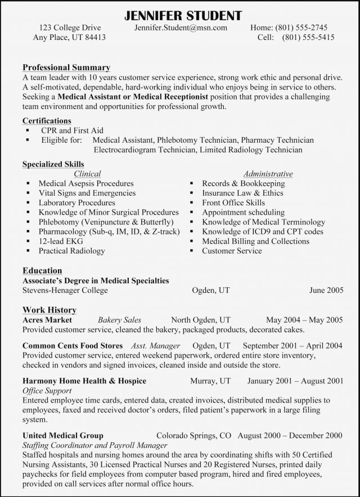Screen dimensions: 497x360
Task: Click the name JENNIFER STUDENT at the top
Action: [x=180, y=13]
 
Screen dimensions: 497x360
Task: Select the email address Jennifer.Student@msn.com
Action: [x=181, y=27]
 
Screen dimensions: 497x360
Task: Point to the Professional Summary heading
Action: [x=66, y=67]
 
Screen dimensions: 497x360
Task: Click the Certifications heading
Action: [x=47, y=120]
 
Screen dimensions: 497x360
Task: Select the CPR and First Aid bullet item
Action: [x=73, y=130]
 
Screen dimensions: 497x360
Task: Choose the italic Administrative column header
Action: [x=268, y=174]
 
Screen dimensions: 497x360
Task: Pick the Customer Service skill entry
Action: [x=232, y=251]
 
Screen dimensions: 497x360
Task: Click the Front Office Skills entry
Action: [x=233, y=202]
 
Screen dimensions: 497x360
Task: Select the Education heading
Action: [x=42, y=270]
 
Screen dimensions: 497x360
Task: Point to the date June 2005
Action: [x=326, y=291]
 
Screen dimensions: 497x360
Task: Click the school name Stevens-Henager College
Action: [x=65, y=291]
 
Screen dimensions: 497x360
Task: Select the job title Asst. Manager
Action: [x=155, y=345]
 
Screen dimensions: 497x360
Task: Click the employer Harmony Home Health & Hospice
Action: [x=84, y=381]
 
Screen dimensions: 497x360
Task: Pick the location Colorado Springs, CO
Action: [x=193, y=435]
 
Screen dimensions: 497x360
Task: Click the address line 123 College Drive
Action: [x=71, y=27]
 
